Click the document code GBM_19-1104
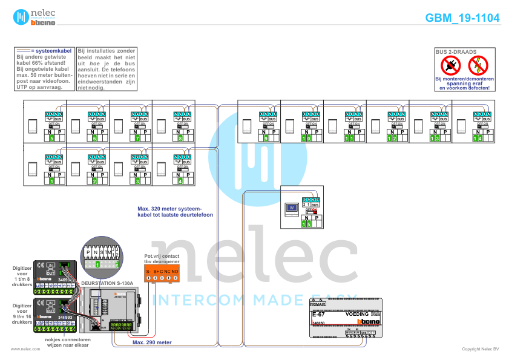(462, 18)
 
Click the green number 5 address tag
(52, 139)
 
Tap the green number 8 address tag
(180, 139)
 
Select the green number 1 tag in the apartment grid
(52, 181)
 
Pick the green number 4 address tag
(180, 181)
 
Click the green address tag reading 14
(478, 139)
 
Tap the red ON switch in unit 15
(315, 211)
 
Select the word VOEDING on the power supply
(356, 315)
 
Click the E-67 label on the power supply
(318, 315)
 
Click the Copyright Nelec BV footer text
(480, 349)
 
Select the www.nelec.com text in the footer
(21, 349)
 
